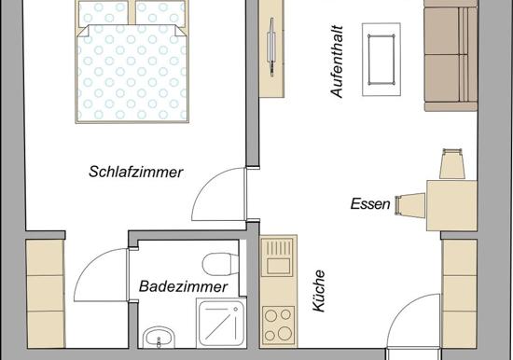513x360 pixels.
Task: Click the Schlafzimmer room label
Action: (x=136, y=173)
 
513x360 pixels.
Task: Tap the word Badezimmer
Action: (x=183, y=286)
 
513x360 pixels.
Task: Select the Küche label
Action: (x=319, y=291)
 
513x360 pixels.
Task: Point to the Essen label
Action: (x=370, y=204)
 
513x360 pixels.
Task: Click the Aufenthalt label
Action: (x=337, y=62)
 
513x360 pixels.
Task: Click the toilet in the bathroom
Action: (x=220, y=264)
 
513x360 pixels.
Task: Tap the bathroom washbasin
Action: (x=159, y=337)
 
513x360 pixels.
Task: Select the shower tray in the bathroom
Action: (x=221, y=324)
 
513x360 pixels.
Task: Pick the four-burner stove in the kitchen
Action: (x=279, y=325)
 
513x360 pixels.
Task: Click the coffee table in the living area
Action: (x=381, y=60)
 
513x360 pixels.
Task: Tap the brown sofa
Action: (x=451, y=56)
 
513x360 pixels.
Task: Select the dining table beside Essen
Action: (x=451, y=205)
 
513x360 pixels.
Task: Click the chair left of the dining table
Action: (x=410, y=205)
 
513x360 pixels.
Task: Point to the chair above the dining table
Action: (x=452, y=163)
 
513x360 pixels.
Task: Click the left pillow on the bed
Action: (x=104, y=12)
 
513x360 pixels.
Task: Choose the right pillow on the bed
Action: (x=160, y=13)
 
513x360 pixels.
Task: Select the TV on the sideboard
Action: (x=271, y=48)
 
